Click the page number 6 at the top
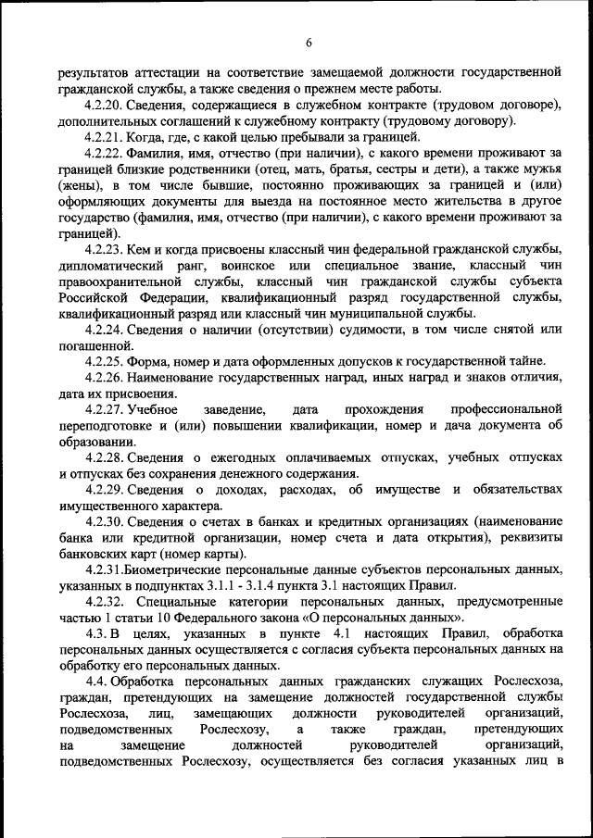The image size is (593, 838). point(309,42)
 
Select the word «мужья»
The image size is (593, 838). point(542,169)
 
